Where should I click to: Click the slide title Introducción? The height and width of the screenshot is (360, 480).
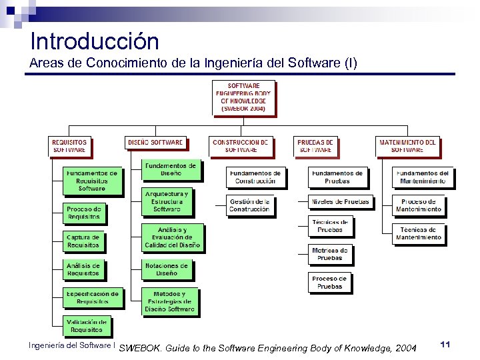[x=95, y=41]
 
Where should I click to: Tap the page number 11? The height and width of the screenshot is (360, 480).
[x=446, y=343]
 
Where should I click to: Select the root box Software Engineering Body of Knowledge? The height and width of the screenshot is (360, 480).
[x=243, y=97]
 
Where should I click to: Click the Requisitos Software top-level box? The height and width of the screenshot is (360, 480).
[x=69, y=146]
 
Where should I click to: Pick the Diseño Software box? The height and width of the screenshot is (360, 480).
[x=155, y=143]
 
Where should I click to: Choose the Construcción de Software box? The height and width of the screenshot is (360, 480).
[x=240, y=146]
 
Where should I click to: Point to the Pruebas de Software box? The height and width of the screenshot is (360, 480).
[x=315, y=146]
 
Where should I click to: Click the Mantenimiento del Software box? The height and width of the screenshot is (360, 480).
[x=407, y=146]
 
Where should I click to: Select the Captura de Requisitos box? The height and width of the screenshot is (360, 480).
[x=83, y=241]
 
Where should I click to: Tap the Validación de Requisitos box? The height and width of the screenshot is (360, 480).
[x=86, y=326]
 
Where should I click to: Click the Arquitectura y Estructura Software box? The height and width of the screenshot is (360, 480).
[x=167, y=201]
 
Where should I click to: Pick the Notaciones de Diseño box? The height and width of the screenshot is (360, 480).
[x=167, y=269]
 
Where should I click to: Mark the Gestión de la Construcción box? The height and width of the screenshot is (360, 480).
[x=249, y=205]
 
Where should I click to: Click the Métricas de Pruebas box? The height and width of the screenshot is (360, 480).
[x=329, y=254]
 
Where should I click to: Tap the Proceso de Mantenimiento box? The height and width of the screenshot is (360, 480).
[x=418, y=205]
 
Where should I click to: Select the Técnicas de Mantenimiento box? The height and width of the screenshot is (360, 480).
[x=418, y=233]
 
